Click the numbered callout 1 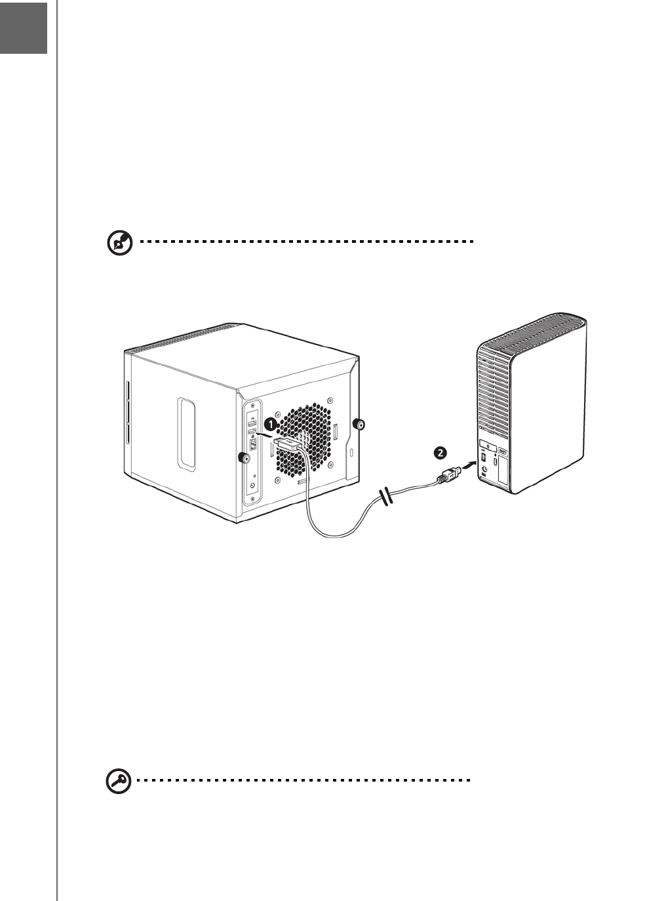point(269,424)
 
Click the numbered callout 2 point(441,452)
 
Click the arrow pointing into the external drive point(466,466)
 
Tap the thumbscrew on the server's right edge point(359,424)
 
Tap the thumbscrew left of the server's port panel point(242,457)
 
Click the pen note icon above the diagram point(119,243)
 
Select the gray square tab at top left point(24,28)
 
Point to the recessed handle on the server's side point(186,434)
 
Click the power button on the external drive point(493,444)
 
